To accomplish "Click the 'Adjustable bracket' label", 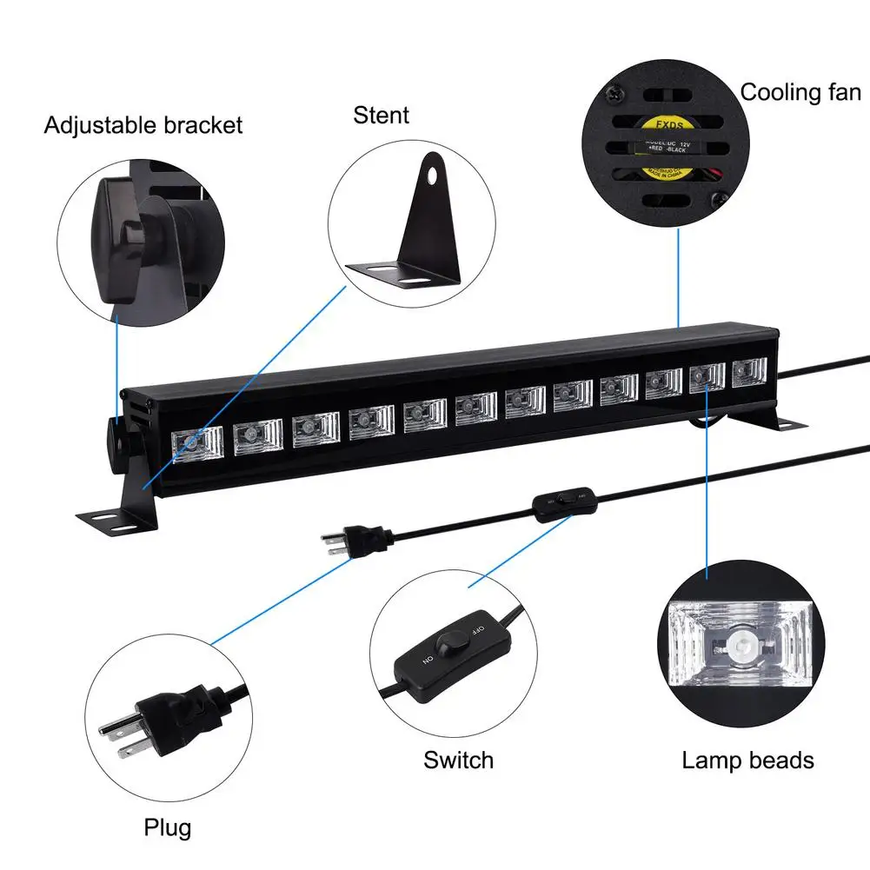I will (143, 125).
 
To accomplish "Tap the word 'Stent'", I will (381, 114).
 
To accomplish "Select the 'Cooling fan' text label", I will (800, 92).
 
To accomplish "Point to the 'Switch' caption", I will (458, 760).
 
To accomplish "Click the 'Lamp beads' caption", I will (747, 760).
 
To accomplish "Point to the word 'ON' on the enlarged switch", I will (428, 660).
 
